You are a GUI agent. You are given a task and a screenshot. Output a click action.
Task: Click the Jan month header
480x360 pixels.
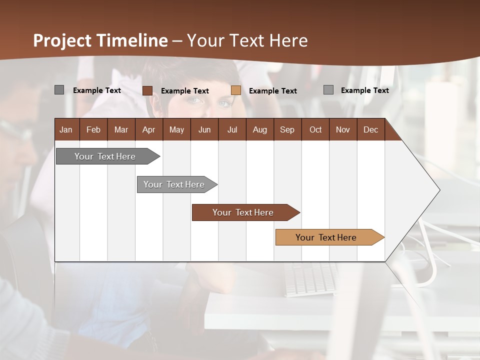(66, 129)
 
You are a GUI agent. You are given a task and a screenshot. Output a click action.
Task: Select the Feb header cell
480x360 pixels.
(93, 129)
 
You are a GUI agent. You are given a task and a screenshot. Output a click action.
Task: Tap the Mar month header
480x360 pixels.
(121, 129)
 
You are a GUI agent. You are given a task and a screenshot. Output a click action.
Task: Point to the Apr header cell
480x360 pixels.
(149, 129)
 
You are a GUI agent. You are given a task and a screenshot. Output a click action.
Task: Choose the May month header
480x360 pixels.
(176, 129)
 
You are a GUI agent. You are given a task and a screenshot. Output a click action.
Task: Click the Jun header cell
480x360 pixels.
(204, 129)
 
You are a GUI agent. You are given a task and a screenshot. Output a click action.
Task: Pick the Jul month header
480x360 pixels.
(232, 129)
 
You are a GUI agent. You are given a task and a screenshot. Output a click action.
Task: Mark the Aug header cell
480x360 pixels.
(260, 129)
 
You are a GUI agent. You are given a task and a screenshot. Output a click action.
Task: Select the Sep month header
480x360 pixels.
(287, 129)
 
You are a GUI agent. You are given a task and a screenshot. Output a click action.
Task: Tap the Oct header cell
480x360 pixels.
(315, 129)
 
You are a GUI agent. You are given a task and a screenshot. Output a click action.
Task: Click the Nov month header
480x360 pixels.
(343, 129)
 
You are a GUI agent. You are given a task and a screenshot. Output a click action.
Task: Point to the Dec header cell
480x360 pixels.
(371, 129)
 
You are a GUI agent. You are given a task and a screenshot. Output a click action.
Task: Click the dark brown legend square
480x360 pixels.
(147, 90)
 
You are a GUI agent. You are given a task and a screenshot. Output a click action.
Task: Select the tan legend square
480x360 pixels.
(236, 90)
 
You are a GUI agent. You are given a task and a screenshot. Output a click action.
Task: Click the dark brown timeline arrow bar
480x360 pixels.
(243, 212)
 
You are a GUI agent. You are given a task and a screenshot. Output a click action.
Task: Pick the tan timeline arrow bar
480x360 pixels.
(326, 237)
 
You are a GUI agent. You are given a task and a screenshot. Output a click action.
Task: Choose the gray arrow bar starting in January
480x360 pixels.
(105, 156)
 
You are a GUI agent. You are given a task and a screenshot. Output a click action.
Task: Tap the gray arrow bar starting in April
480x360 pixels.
(174, 184)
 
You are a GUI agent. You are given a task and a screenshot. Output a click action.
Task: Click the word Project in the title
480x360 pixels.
(62, 40)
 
